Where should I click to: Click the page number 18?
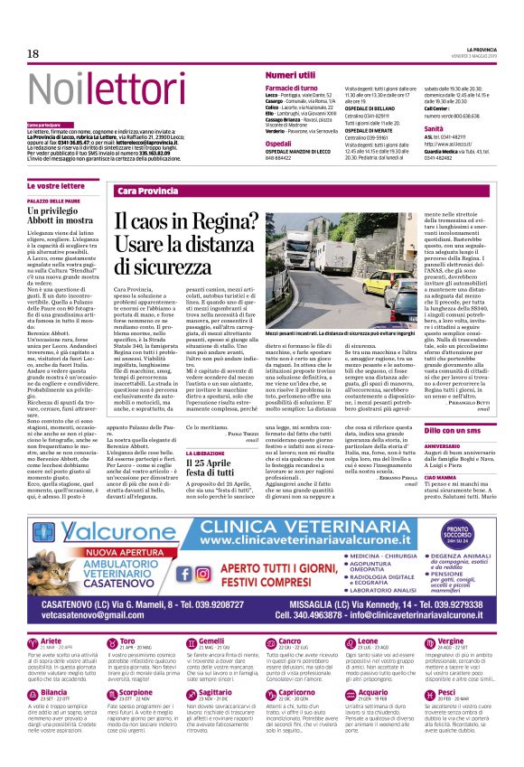pos(33,53)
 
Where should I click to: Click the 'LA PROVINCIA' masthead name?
pos(482,48)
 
